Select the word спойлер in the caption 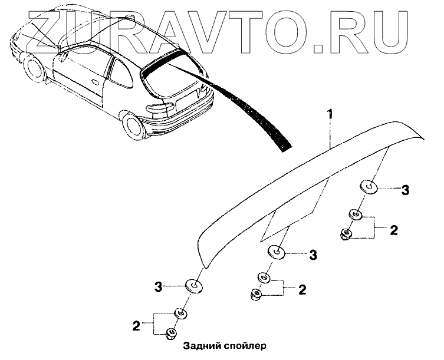[x=246, y=346]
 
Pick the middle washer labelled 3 [x=276, y=253]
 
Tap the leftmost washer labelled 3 [x=193, y=286]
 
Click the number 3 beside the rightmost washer [x=405, y=190]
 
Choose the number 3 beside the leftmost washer [x=158, y=287]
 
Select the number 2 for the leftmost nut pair [x=136, y=325]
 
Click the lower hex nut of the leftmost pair [x=170, y=334]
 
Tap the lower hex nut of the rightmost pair [x=347, y=235]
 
